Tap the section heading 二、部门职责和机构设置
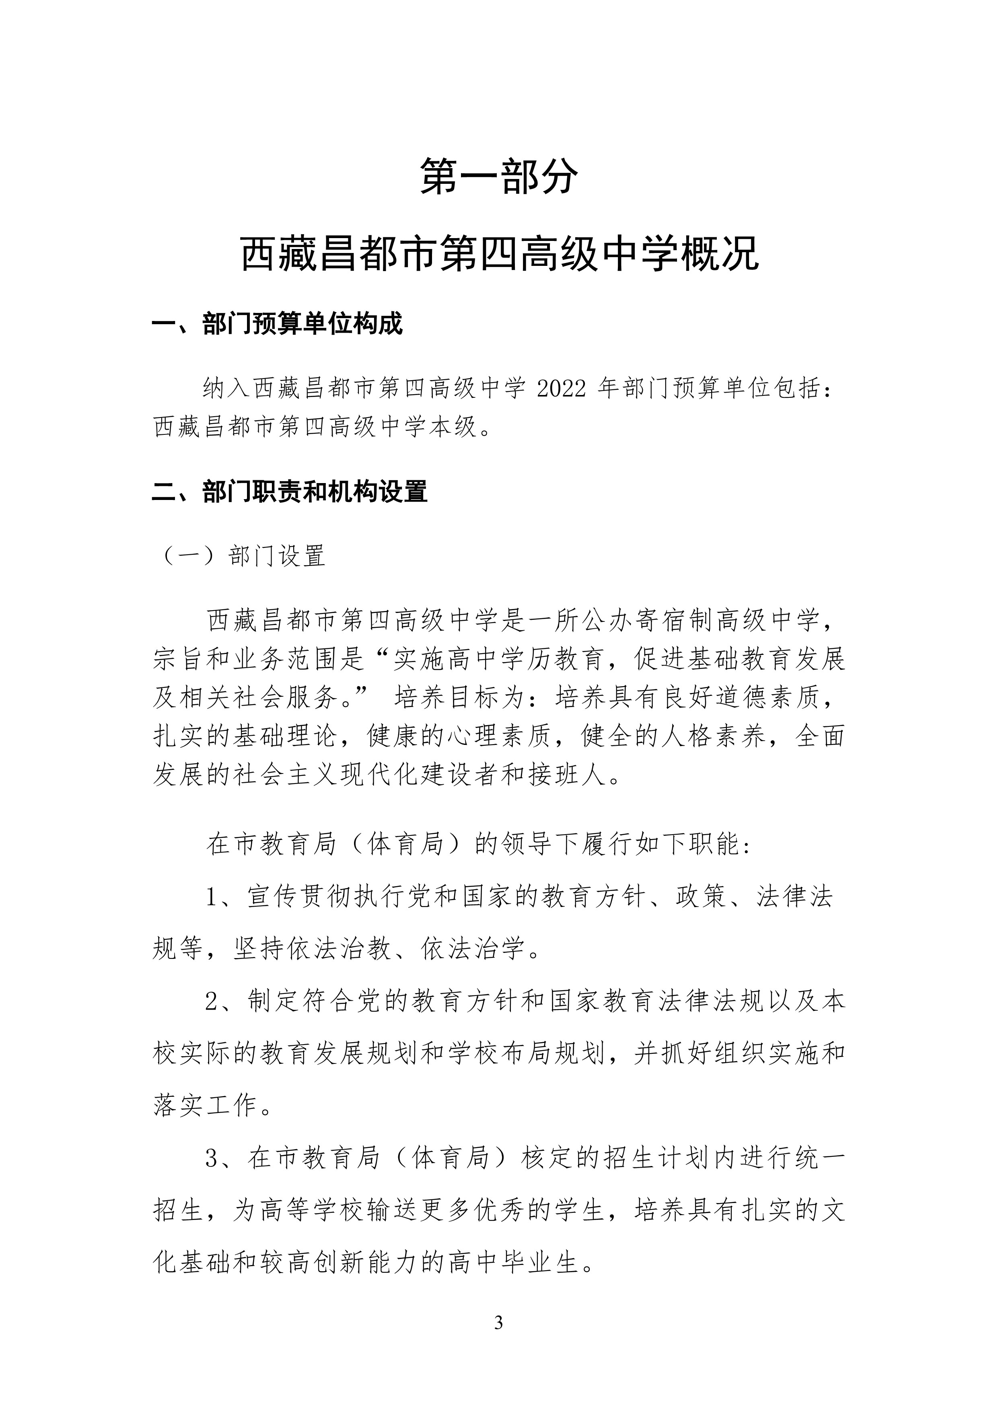pos(290,492)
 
